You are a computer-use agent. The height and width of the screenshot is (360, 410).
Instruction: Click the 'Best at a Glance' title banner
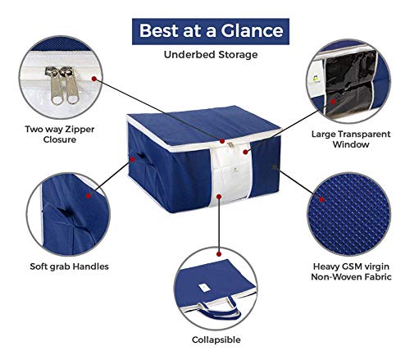coord(211,31)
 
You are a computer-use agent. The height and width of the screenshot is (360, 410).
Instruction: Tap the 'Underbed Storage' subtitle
coord(211,55)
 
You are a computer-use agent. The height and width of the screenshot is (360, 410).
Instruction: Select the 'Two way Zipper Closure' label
coord(60,134)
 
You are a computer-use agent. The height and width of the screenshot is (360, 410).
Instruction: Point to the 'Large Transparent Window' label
coord(351,139)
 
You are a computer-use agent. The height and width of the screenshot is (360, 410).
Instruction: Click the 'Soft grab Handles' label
coord(69,267)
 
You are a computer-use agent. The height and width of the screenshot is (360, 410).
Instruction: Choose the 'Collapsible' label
coord(216,339)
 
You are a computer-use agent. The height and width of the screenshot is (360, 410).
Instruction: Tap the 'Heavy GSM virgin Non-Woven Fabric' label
coord(351,271)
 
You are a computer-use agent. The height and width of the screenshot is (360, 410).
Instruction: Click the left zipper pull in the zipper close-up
coord(56,86)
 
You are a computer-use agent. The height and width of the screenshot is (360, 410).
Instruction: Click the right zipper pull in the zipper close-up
coord(71,86)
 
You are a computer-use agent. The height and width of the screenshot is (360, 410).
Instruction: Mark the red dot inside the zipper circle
coord(94,79)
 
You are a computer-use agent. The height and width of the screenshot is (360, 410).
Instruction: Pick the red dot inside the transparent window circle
coord(333,102)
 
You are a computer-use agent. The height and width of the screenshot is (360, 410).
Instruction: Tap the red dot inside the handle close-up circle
coord(89,196)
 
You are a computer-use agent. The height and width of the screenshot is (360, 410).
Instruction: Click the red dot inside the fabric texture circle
coord(321,200)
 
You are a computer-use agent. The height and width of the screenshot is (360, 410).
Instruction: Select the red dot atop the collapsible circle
coord(219,254)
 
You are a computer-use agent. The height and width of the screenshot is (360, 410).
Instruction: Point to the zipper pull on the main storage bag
coord(231,144)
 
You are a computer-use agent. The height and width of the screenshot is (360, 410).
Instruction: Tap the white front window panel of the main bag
coord(232,175)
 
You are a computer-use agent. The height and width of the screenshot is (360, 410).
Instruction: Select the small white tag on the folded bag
coord(203,287)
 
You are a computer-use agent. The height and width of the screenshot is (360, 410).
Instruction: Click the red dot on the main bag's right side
coord(275,166)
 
